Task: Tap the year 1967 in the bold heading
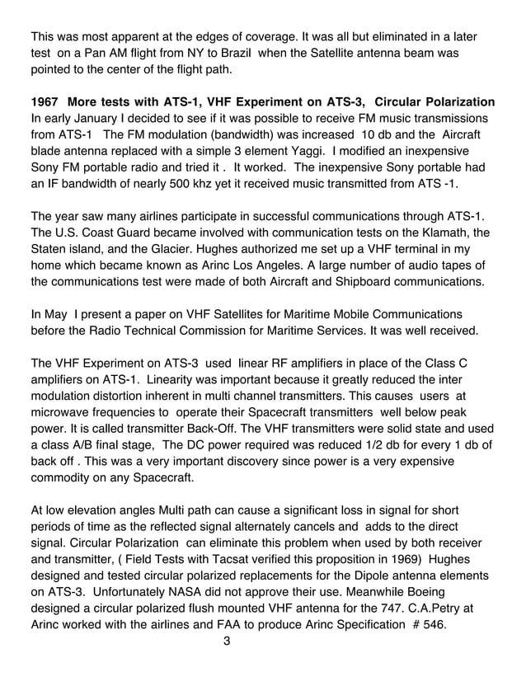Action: click(45, 102)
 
